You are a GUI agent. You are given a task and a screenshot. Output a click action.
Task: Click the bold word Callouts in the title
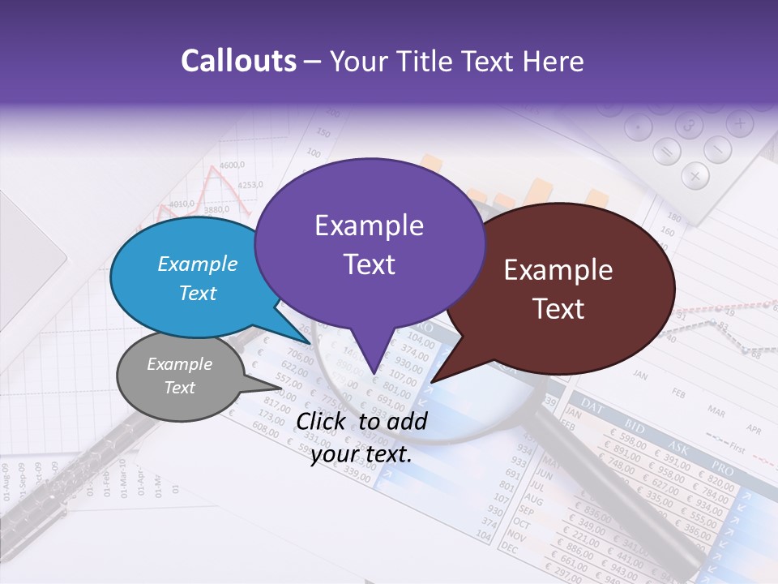point(238,62)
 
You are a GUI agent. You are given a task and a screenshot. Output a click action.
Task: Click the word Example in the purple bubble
point(369,225)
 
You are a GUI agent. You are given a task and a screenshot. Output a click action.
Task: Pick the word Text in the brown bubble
point(559,309)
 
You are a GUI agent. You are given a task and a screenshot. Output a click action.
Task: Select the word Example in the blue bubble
point(198,264)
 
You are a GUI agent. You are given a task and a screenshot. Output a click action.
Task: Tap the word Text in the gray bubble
point(180,388)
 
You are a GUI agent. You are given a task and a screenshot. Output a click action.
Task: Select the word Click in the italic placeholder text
point(322,421)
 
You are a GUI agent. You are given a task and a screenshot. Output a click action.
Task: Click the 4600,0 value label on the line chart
point(231,165)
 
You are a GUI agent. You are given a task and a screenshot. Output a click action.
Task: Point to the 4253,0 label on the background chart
point(250,185)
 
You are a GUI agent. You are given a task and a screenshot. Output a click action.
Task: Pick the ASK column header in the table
point(678,446)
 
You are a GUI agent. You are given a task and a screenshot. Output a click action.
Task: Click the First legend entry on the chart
point(736,447)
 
